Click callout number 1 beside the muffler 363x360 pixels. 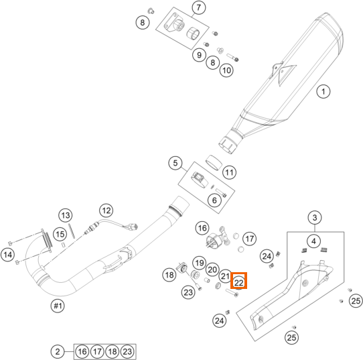323,91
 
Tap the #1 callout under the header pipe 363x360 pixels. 58,306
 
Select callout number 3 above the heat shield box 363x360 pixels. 315,218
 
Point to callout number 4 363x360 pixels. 313,241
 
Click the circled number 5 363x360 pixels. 175,163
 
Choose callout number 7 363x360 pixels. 199,7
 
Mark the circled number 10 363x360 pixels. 226,70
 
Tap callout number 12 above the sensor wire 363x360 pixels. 106,211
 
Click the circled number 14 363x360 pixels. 8,255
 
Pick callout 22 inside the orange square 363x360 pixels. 238,282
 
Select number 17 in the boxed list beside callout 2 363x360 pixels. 97,352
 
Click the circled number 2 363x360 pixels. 58,352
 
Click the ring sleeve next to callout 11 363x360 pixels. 214,162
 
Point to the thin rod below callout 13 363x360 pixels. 72,231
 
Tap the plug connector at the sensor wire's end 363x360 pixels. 134,227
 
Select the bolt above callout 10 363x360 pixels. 232,57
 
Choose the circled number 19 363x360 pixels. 200,263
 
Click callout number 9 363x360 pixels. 199,55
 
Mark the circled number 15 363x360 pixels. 60,234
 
